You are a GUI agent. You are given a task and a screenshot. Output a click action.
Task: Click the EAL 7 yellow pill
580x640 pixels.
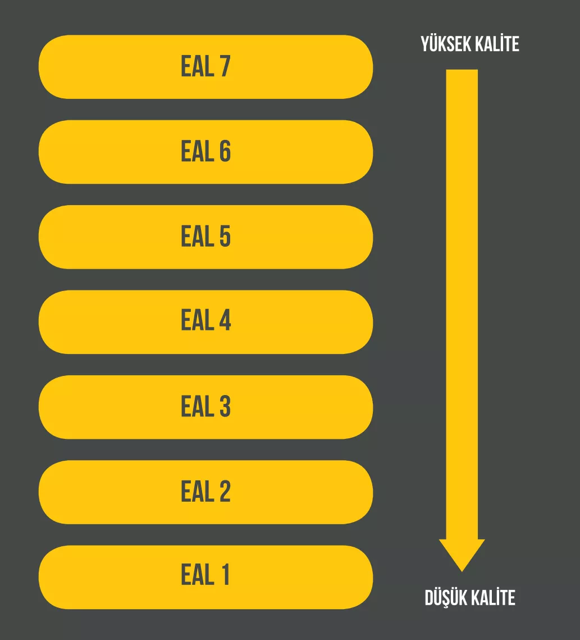point(205,66)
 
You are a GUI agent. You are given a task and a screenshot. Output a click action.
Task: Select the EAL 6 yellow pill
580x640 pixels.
point(205,152)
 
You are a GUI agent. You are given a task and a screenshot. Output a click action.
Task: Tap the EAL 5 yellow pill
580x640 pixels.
point(205,237)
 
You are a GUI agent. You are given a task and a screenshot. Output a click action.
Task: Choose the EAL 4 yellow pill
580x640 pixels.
point(205,322)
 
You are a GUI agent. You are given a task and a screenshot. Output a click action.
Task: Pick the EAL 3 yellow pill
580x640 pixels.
point(205,407)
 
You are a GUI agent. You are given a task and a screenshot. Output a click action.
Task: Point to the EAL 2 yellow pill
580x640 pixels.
point(205,492)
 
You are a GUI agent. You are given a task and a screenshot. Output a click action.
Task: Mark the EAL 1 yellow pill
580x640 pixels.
point(205,577)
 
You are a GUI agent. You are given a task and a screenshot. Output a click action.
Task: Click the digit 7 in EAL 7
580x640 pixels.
point(225,66)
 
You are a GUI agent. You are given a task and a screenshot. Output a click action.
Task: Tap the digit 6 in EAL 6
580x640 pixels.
point(225,151)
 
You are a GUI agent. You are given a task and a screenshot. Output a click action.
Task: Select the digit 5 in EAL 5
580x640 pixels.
point(225,236)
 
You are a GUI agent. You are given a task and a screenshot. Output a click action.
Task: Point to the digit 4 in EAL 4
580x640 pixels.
point(225,320)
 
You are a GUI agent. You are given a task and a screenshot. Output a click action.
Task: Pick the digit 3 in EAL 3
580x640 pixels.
point(225,406)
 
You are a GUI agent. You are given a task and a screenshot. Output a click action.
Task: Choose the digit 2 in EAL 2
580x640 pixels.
point(225,491)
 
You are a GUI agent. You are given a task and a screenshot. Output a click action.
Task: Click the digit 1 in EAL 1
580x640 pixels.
point(225,574)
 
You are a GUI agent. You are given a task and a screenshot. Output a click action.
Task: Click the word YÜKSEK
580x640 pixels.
point(445,44)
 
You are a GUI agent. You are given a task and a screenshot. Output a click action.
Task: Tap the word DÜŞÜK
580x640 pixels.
point(446,598)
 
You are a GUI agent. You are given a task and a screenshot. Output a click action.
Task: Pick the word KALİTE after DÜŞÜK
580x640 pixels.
point(494,598)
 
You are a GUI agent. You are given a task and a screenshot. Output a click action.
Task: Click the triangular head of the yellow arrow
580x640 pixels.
point(462,553)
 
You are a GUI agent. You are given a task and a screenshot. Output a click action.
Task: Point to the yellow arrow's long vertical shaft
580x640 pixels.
point(462,305)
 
